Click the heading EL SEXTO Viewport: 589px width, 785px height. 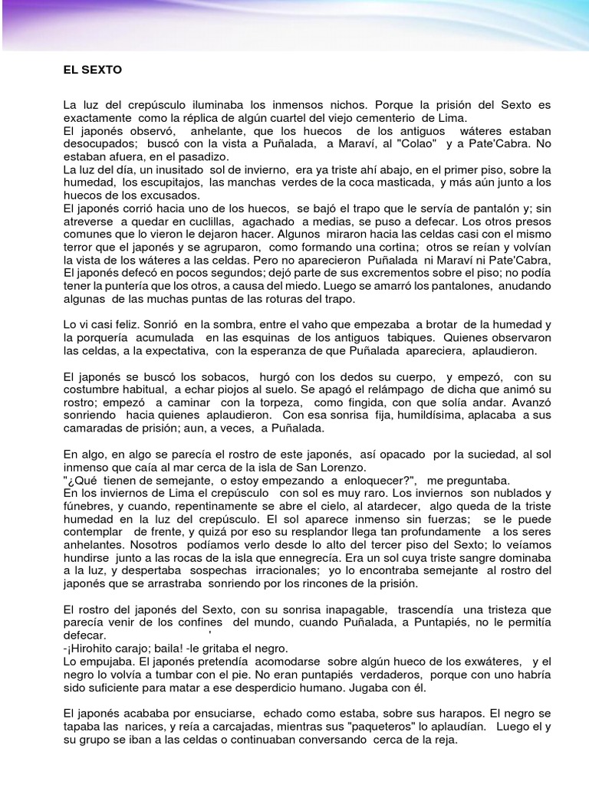(x=92, y=70)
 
